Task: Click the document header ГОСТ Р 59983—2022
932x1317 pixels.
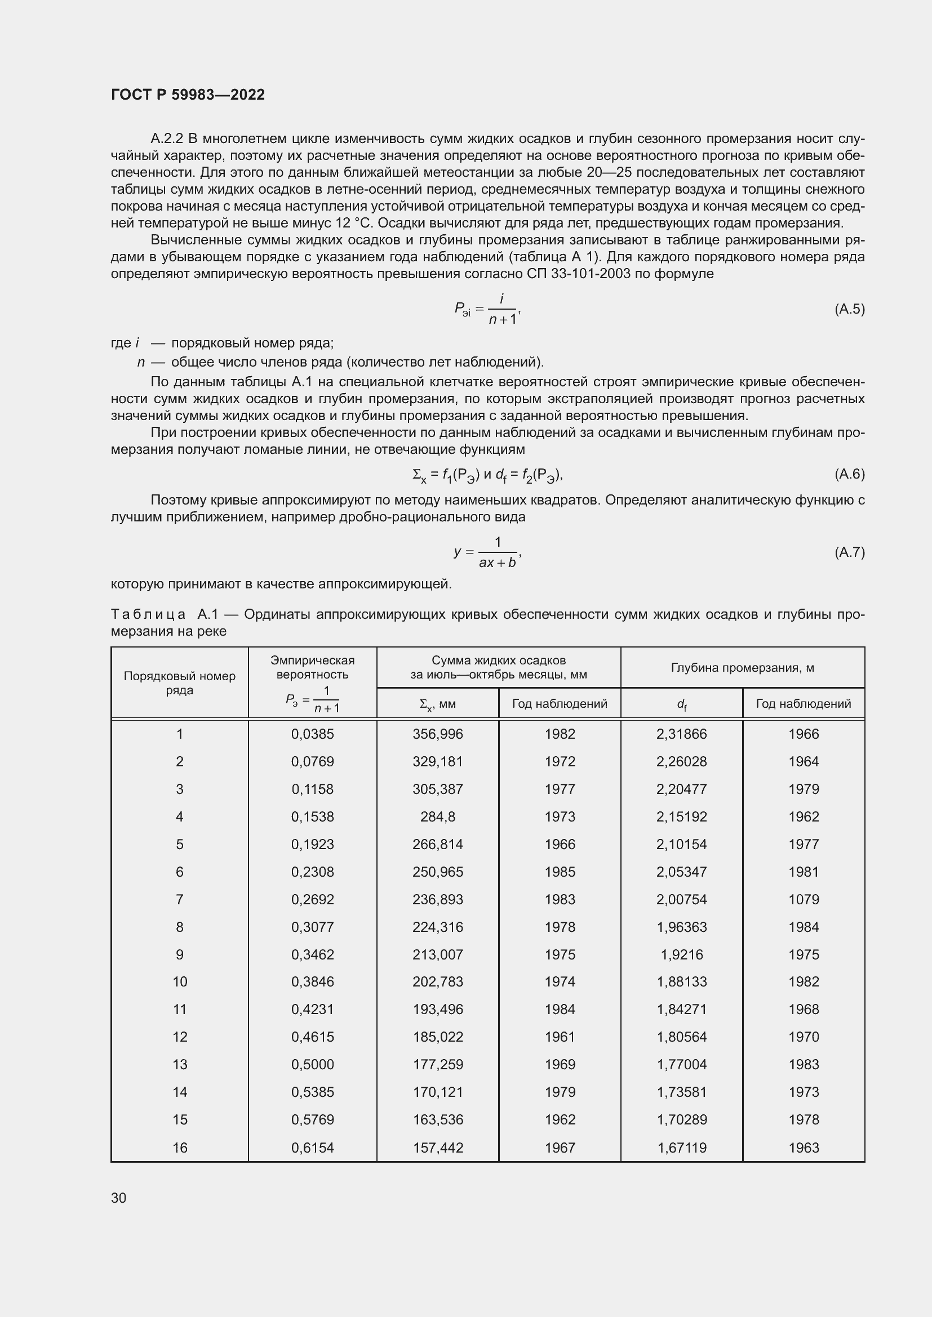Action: point(188,95)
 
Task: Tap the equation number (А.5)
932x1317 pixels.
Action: point(849,309)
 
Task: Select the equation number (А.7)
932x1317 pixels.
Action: point(849,552)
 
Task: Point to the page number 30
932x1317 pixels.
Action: point(118,1198)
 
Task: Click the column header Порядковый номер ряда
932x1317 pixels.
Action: point(180,682)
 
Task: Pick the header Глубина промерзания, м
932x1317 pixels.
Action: point(742,667)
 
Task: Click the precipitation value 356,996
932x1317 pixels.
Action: point(437,734)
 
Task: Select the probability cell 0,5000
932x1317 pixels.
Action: point(312,1064)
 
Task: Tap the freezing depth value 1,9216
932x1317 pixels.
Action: point(681,954)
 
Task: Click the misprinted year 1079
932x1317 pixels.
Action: point(804,899)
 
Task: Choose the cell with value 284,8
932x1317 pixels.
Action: point(437,816)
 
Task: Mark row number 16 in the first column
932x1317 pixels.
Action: point(180,1148)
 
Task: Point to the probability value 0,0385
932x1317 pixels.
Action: point(312,734)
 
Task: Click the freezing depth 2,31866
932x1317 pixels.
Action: point(681,734)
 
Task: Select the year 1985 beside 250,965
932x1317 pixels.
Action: point(560,872)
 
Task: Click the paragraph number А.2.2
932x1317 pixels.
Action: point(166,139)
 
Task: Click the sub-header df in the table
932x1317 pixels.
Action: point(681,704)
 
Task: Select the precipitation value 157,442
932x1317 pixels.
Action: point(437,1148)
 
